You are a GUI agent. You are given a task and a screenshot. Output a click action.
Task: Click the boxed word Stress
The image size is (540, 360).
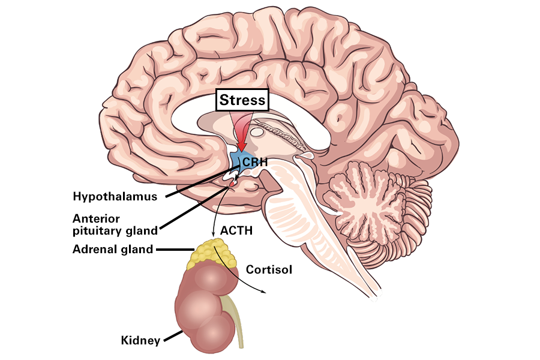[242, 100]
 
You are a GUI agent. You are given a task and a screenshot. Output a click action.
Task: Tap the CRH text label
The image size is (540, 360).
[254, 162]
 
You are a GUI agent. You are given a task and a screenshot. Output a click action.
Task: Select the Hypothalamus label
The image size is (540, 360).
[115, 196]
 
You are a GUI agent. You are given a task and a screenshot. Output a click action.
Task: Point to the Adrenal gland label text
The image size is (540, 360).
[113, 249]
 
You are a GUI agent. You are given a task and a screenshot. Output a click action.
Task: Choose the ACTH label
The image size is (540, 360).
[236, 230]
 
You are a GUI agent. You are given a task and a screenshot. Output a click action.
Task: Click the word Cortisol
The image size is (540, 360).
[269, 269]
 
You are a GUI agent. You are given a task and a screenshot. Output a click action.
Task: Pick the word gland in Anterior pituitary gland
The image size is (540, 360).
[143, 230]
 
